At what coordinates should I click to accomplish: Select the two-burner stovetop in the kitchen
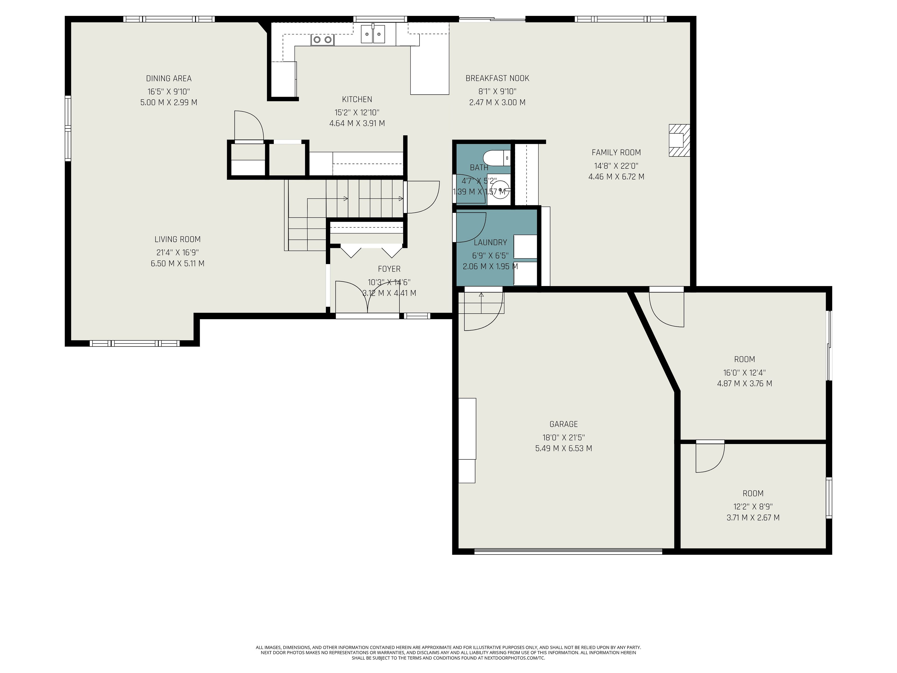click(322, 39)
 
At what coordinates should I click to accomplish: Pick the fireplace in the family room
click(679, 140)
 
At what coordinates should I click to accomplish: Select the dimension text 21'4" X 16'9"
click(178, 252)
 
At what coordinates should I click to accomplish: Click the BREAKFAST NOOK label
click(497, 78)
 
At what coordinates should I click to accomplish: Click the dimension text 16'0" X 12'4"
click(744, 372)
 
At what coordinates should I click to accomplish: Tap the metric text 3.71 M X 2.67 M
click(753, 518)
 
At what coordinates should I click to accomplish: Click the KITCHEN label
click(357, 99)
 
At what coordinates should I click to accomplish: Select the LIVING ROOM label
click(178, 239)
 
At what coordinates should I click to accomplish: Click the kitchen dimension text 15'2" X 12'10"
click(357, 112)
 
